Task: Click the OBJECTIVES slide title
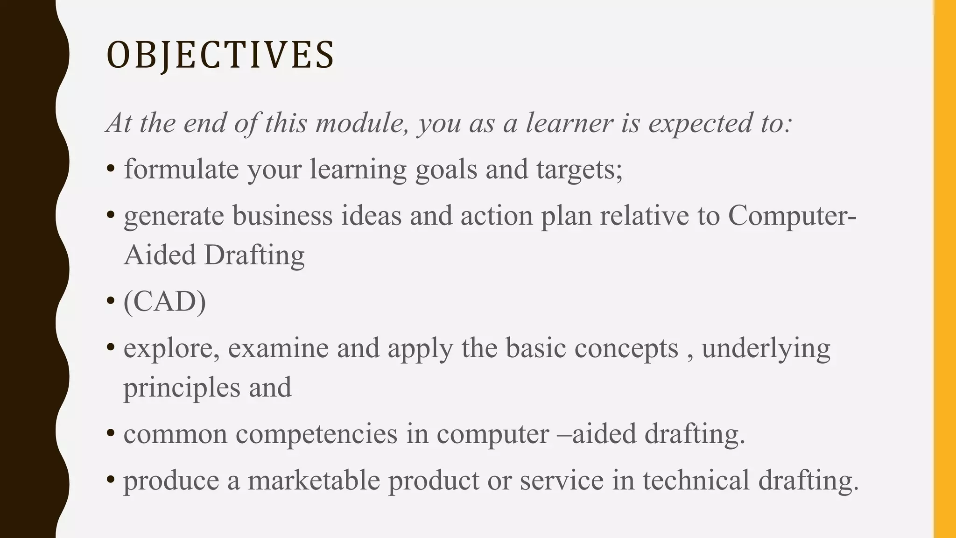[220, 55]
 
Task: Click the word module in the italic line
[359, 123]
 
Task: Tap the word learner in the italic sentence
[569, 123]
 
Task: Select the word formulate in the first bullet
[182, 169]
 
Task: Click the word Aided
[159, 255]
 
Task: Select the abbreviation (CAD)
[164, 302]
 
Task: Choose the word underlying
[766, 349]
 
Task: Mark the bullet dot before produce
[111, 480]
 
